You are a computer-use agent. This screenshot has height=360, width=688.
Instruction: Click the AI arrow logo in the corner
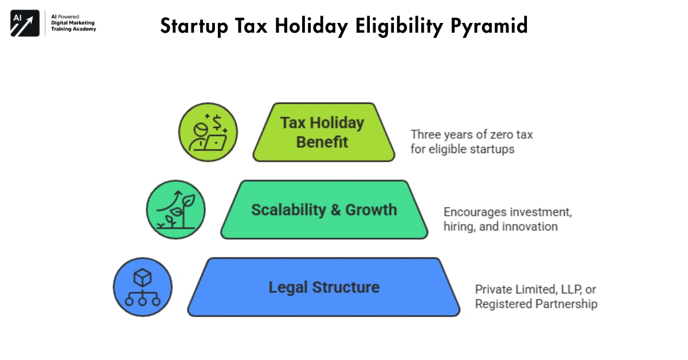point(25,24)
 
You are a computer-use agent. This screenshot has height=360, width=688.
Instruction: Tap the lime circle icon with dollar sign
point(208,132)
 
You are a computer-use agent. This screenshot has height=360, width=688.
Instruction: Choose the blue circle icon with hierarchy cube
point(143,287)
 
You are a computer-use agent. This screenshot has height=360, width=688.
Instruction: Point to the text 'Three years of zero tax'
point(471,134)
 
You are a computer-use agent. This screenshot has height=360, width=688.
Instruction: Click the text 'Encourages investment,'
point(507,212)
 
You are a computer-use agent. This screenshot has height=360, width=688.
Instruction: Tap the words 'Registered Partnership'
point(536,304)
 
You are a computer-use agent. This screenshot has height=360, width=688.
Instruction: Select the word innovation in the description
point(530,226)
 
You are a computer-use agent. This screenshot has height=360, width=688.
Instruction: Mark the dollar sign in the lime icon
point(217,121)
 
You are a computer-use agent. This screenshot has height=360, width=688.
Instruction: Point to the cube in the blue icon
point(142,277)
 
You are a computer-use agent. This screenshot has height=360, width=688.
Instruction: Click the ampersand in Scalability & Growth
point(336,210)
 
